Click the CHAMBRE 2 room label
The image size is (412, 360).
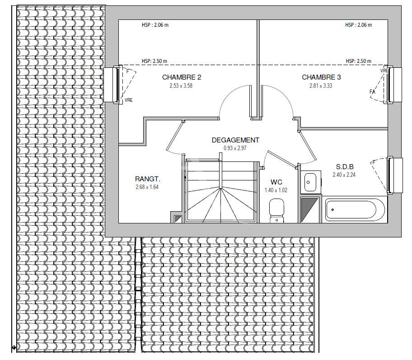click(182, 77)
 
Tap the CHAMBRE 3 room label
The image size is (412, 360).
click(321, 77)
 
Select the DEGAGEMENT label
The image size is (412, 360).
click(235, 140)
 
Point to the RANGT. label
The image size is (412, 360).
click(147, 179)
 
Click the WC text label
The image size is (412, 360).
click(276, 182)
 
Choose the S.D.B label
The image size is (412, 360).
click(345, 167)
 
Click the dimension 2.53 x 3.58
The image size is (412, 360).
click(181, 85)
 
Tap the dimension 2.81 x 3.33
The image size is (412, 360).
click(321, 85)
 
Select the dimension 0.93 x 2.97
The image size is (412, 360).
click(235, 148)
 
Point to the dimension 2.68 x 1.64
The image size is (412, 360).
click(147, 187)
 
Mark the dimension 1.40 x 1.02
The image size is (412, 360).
click(276, 190)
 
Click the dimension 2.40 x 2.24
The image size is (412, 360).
click(344, 175)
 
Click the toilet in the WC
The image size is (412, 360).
click(276, 211)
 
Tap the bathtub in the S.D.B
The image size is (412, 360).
click(355, 209)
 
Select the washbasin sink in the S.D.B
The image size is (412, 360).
click(310, 182)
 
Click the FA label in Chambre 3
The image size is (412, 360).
click(372, 92)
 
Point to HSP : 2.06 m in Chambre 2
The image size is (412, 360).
click(155, 25)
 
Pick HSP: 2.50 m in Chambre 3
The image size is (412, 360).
click(358, 61)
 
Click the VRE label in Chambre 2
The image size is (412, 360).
click(128, 100)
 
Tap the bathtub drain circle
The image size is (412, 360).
click(332, 209)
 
